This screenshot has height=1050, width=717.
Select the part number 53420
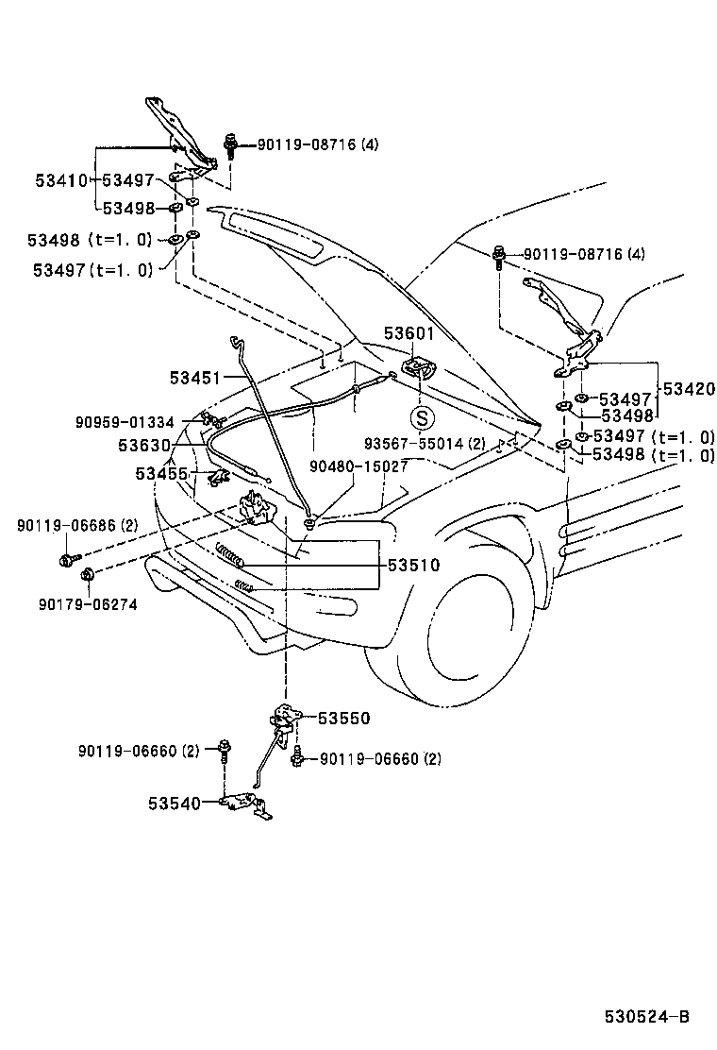point(689,388)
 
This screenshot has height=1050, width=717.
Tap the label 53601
point(409,334)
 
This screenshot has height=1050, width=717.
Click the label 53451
point(195,378)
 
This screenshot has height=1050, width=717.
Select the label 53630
point(144,444)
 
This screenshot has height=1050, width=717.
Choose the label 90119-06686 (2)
point(76,524)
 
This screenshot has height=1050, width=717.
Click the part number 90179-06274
point(88,603)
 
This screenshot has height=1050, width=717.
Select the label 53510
point(412,566)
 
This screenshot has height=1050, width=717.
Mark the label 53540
point(174,804)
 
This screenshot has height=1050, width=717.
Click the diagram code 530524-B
point(647,1017)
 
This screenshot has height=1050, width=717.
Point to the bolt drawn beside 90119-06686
point(66,561)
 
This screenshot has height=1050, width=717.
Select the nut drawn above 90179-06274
point(87,575)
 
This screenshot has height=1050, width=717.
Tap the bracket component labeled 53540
point(245,804)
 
